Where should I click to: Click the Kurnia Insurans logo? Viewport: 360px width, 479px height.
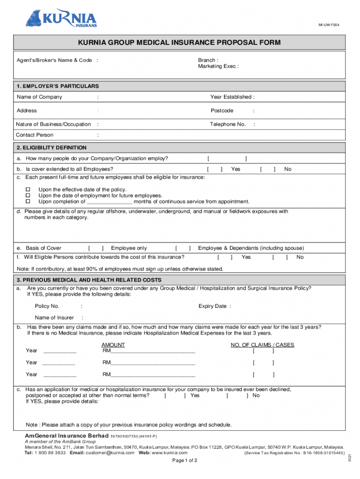(x=61, y=19)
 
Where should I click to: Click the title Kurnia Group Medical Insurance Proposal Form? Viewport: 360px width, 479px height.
(x=180, y=43)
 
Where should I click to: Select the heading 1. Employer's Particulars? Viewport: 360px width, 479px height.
(x=58, y=86)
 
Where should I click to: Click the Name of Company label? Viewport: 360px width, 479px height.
(x=39, y=97)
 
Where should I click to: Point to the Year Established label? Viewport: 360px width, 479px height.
(x=232, y=97)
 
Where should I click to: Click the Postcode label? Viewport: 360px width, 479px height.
(x=222, y=110)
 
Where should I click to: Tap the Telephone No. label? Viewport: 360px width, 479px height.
(x=228, y=124)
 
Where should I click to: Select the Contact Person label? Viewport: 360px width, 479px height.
(x=35, y=135)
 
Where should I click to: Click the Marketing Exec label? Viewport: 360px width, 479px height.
(x=218, y=66)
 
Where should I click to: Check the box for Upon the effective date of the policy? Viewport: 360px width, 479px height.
(x=28, y=189)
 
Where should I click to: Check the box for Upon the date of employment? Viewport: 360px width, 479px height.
(x=28, y=196)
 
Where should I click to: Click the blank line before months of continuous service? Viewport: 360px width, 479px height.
(x=109, y=202)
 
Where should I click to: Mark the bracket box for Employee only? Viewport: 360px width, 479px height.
(x=96, y=248)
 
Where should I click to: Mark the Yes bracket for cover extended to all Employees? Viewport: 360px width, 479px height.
(x=215, y=169)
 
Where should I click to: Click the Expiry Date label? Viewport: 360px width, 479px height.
(x=214, y=306)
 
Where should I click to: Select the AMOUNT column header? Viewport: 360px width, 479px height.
(x=113, y=345)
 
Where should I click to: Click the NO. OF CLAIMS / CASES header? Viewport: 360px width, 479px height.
(x=262, y=345)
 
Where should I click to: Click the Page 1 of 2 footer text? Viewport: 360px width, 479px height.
(x=185, y=460)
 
